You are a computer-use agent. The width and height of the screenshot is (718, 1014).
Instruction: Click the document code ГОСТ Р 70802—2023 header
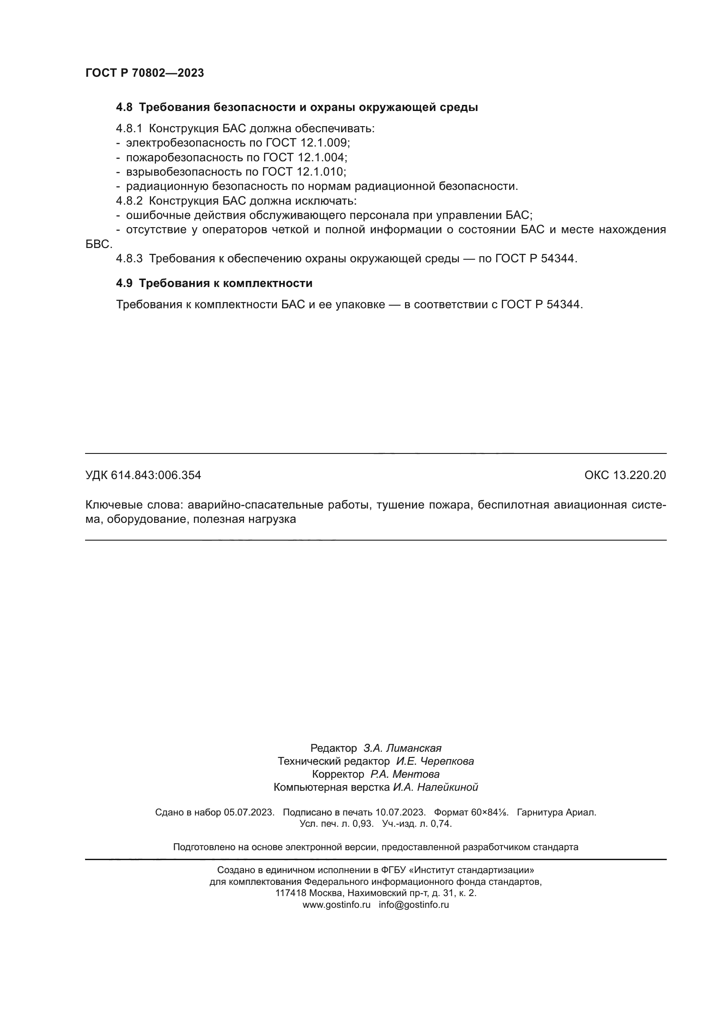(x=145, y=73)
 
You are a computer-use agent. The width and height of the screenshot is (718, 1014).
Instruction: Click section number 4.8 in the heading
(x=124, y=108)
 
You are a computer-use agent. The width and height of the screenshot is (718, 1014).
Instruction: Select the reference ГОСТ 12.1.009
(x=308, y=143)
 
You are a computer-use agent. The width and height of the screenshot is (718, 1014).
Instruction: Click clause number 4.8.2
(x=129, y=201)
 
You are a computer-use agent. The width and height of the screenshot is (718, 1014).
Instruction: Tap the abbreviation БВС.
(x=98, y=244)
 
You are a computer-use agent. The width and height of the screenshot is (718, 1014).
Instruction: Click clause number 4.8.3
(x=129, y=258)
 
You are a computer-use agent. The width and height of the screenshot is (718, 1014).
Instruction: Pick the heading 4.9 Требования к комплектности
(x=214, y=283)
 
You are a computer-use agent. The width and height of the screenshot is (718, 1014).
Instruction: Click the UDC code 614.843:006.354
(x=156, y=475)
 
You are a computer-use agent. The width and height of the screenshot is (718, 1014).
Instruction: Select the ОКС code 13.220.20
(x=639, y=475)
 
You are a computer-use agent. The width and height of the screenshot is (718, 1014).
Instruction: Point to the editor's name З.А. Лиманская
(x=402, y=748)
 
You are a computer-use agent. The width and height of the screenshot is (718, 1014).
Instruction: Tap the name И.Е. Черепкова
(x=435, y=761)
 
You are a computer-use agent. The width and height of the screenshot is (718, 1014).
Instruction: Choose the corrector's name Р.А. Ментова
(x=405, y=774)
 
